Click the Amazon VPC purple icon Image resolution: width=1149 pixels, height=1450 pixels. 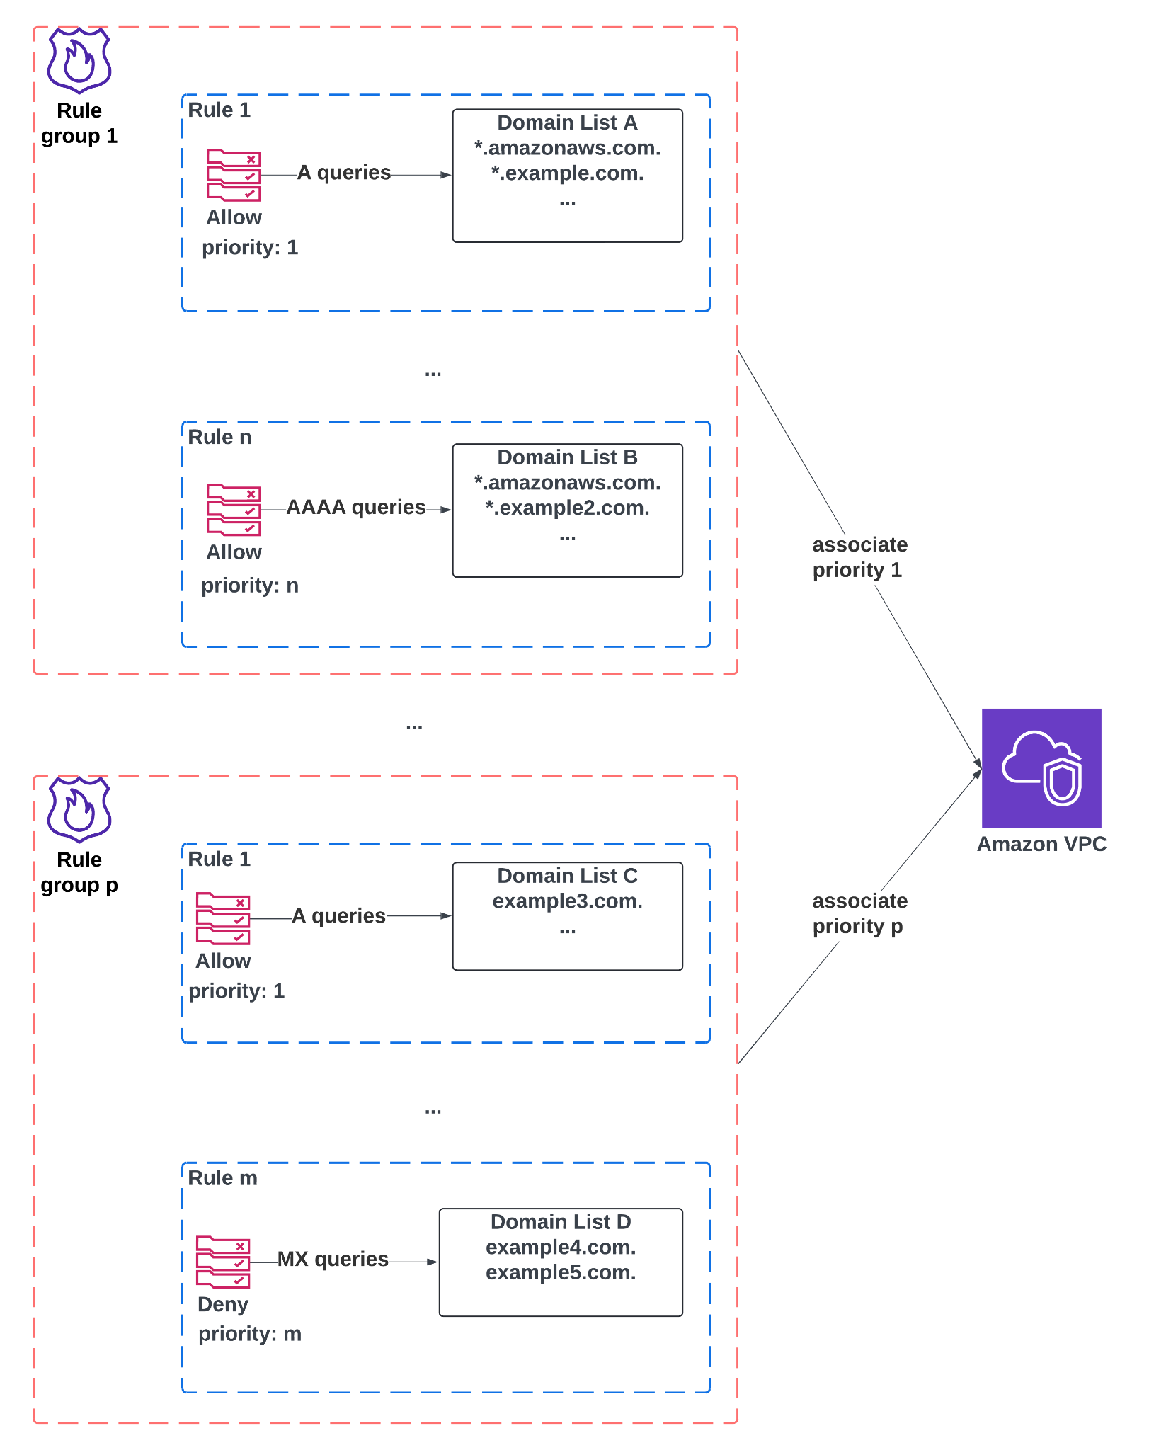[1041, 767]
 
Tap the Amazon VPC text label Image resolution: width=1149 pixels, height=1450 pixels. [1041, 844]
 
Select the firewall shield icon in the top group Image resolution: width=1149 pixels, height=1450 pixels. [79, 60]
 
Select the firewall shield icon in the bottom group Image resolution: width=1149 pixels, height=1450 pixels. [79, 809]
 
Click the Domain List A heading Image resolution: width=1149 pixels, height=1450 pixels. [567, 123]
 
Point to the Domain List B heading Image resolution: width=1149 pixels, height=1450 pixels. [567, 458]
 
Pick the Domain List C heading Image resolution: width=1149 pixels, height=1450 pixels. [567, 876]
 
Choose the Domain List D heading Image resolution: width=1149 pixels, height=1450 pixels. [560, 1222]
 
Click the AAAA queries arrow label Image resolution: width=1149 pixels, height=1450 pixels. [355, 508]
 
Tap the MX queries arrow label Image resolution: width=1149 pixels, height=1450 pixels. [333, 1260]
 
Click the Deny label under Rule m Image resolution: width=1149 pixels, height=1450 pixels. [222, 1304]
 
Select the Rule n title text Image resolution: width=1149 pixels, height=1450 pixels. [219, 438]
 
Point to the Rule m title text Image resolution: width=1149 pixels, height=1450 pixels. [222, 1178]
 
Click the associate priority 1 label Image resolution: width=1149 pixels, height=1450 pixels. [859, 557]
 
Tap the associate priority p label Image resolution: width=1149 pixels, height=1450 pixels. [859, 913]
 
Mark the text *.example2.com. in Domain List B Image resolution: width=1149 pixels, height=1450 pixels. [567, 508]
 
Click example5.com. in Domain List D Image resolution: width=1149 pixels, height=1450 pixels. [560, 1273]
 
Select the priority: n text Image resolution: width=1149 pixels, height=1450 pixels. [249, 586]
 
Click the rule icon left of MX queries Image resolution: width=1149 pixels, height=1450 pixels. [223, 1262]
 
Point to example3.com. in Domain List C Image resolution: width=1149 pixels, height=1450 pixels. [567, 901]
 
